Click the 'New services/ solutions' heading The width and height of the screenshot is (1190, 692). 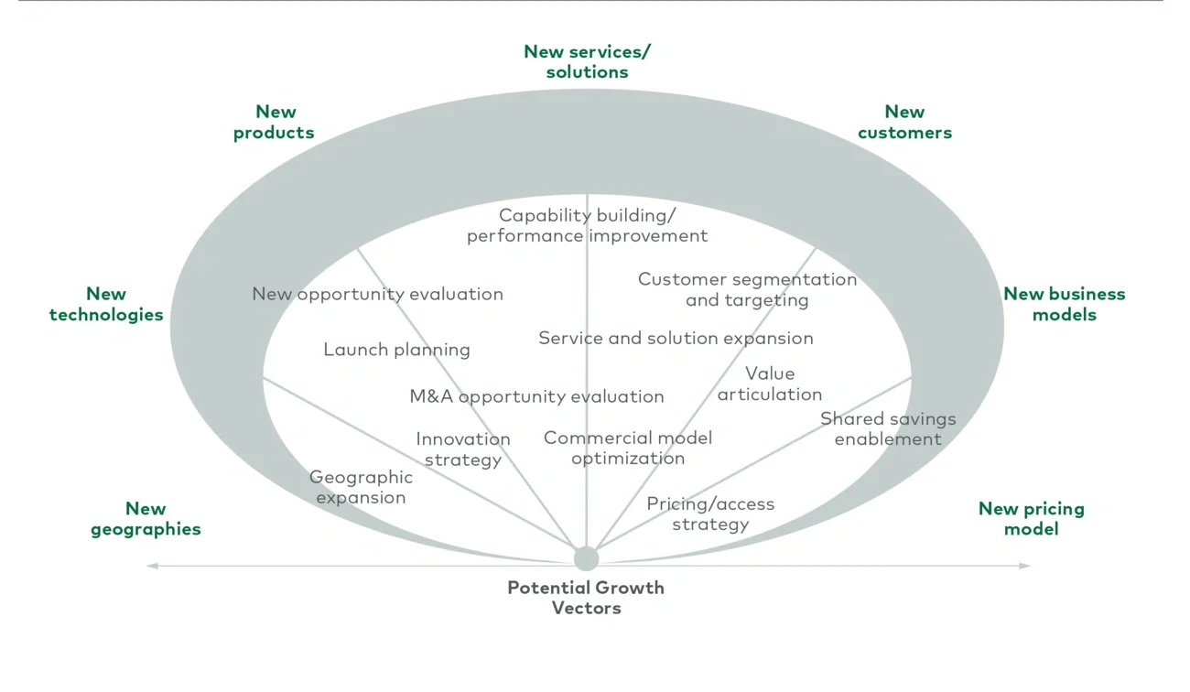[587, 61]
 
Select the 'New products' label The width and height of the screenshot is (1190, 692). [274, 122]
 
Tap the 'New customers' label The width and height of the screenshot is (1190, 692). [904, 122]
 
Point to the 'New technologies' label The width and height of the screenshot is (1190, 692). [106, 304]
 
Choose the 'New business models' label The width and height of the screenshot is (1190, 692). [1064, 304]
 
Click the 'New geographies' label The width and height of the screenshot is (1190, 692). [146, 518]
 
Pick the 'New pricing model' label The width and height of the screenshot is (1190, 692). [1031, 518]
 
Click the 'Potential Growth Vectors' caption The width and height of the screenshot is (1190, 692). [586, 598]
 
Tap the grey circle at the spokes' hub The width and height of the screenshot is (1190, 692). [586, 558]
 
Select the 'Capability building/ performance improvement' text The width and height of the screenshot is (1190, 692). [587, 225]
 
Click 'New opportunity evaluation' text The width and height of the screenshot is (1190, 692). [377, 294]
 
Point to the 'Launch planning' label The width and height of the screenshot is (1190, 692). [396, 350]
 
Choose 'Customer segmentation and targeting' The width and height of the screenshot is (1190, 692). [747, 289]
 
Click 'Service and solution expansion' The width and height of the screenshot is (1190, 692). [676, 338]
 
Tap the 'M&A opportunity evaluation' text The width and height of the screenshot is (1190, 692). [536, 396]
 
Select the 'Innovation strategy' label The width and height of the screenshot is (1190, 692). [462, 449]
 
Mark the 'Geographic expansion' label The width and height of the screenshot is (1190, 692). [361, 487]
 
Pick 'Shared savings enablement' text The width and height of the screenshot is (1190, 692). [887, 428]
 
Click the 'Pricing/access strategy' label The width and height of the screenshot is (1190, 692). [710, 514]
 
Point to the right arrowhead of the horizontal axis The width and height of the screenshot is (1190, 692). [1025, 566]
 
